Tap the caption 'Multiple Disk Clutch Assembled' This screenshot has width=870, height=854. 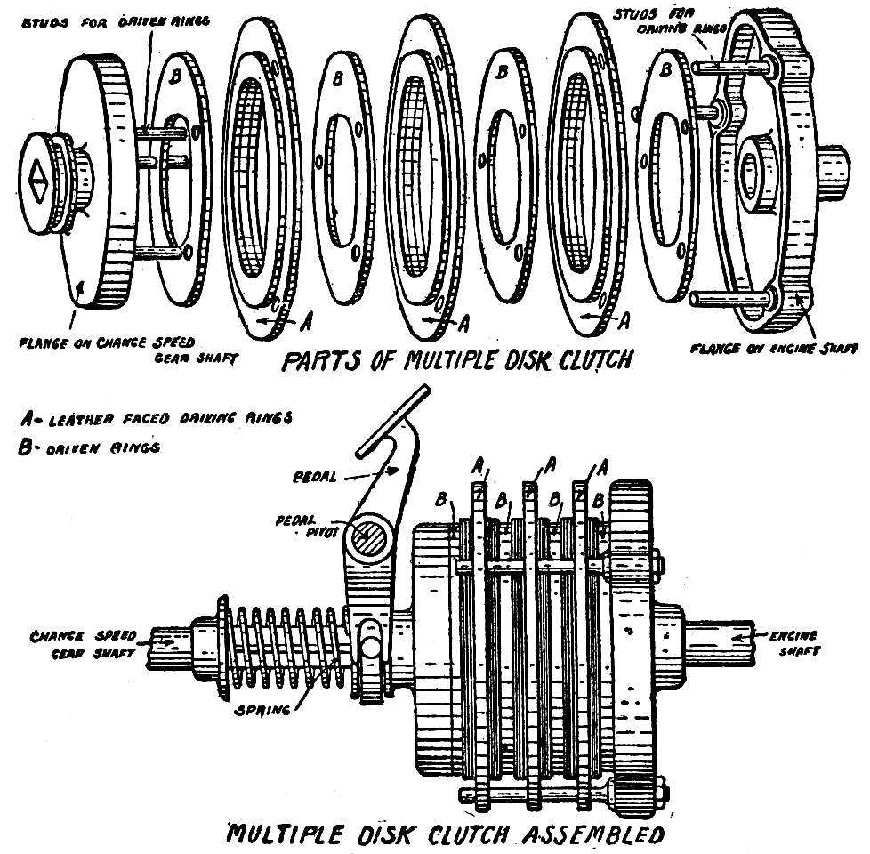[x=445, y=835]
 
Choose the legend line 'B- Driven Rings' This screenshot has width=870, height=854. [x=89, y=447]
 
